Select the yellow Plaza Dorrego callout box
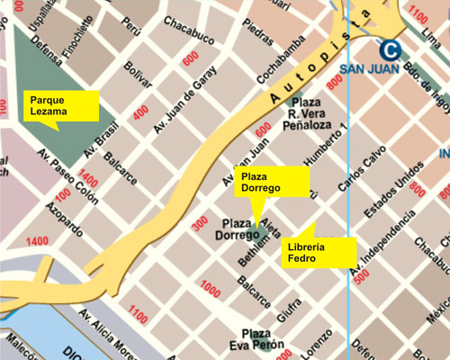tap(263, 181)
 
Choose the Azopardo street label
tap(55, 214)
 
